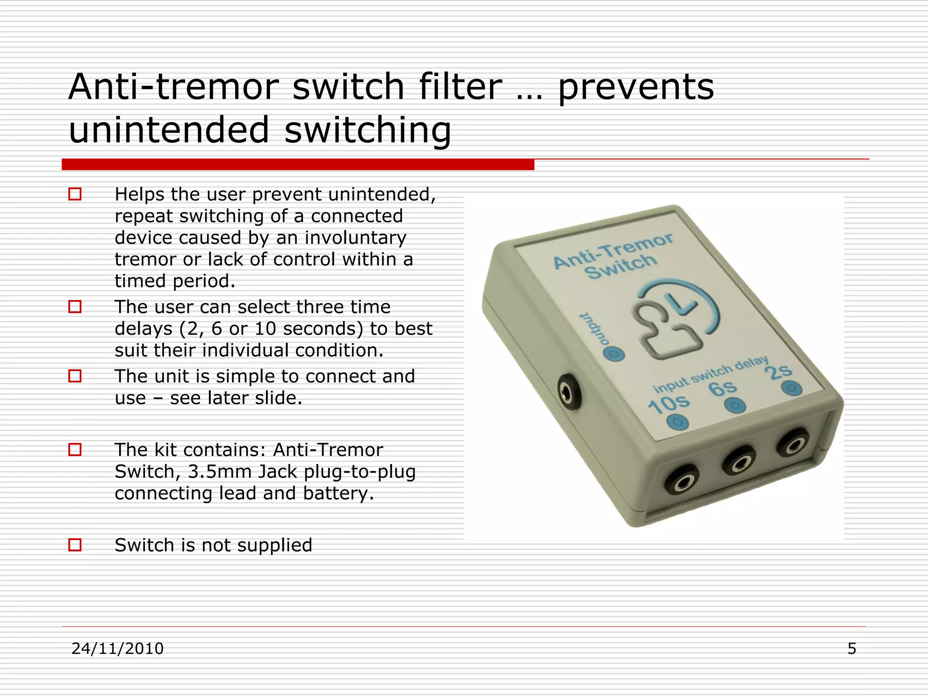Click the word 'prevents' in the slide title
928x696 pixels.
tap(636, 87)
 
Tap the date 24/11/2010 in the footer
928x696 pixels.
tap(117, 648)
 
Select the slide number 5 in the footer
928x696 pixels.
tap(851, 648)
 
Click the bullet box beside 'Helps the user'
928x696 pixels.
tap(75, 194)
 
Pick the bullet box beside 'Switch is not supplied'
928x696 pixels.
tap(75, 545)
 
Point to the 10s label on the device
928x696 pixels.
tap(668, 403)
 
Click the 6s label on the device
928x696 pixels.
tap(722, 388)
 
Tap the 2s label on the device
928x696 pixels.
tap(778, 372)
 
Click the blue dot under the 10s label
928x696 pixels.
tap(678, 423)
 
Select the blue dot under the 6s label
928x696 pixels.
tap(735, 406)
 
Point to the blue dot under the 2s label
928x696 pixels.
tap(792, 388)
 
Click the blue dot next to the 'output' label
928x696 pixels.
tap(614, 354)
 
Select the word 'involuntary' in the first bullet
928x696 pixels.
tap(355, 237)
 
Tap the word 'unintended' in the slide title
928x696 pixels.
tap(169, 130)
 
